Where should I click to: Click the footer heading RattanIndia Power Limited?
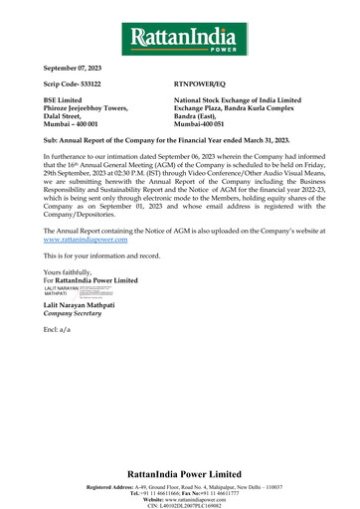[180, 473]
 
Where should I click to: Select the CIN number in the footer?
[180, 505]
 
